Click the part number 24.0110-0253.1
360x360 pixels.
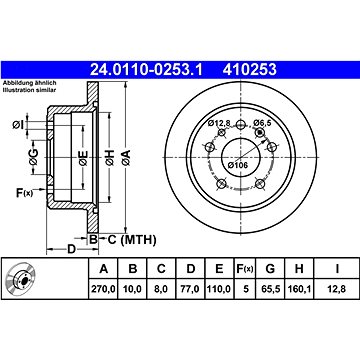pos(145,70)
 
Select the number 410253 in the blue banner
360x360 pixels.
pos(250,70)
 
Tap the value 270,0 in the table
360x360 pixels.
pos(104,289)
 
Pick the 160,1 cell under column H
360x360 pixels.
pos(299,289)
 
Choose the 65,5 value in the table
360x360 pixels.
pos(270,289)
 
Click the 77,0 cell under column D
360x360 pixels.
pos(190,289)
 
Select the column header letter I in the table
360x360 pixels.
pos(337,269)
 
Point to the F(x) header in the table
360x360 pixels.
pos(245,269)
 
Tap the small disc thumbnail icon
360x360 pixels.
pos(21,279)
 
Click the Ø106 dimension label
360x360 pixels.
pos(238,165)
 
